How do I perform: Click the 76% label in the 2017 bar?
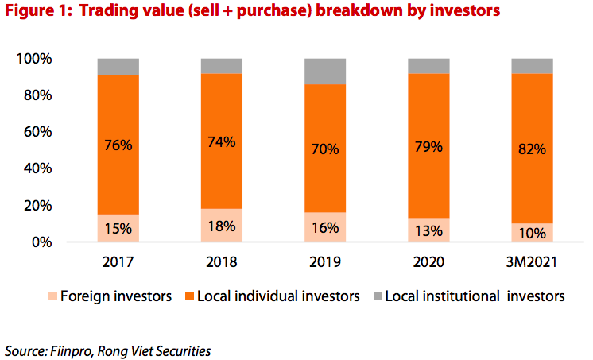(118, 145)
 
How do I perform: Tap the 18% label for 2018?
(222, 226)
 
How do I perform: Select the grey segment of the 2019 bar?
(325, 71)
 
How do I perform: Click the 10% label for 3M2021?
(532, 233)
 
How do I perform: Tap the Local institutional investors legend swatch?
(378, 296)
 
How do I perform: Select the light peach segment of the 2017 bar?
(118, 228)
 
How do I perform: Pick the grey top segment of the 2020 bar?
(428, 66)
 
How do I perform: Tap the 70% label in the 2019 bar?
(325, 149)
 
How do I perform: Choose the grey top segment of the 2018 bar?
(222, 66)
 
